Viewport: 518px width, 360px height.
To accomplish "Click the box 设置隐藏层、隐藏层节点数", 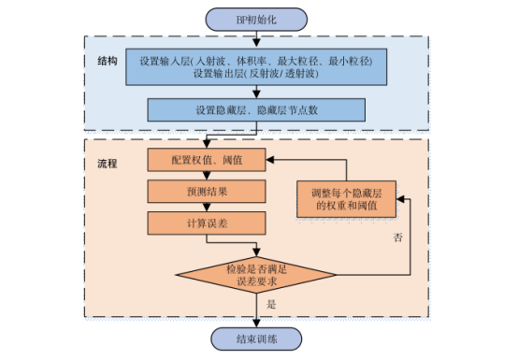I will (256, 109).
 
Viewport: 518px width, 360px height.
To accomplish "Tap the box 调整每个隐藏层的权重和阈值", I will (346, 197).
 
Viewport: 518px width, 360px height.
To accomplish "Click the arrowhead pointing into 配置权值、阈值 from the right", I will (275, 161).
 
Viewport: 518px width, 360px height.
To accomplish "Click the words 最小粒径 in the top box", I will (351, 61).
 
